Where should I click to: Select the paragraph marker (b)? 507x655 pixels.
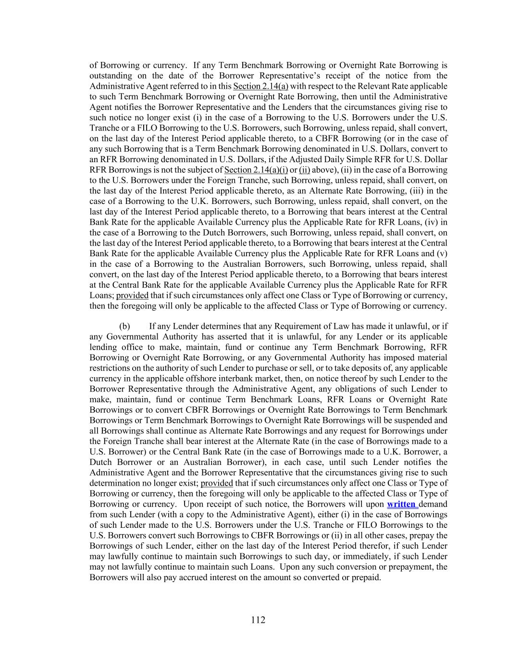point(124,326)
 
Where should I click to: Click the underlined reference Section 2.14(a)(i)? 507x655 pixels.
point(256,170)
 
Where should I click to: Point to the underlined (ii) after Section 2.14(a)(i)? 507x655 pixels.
point(304,170)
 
